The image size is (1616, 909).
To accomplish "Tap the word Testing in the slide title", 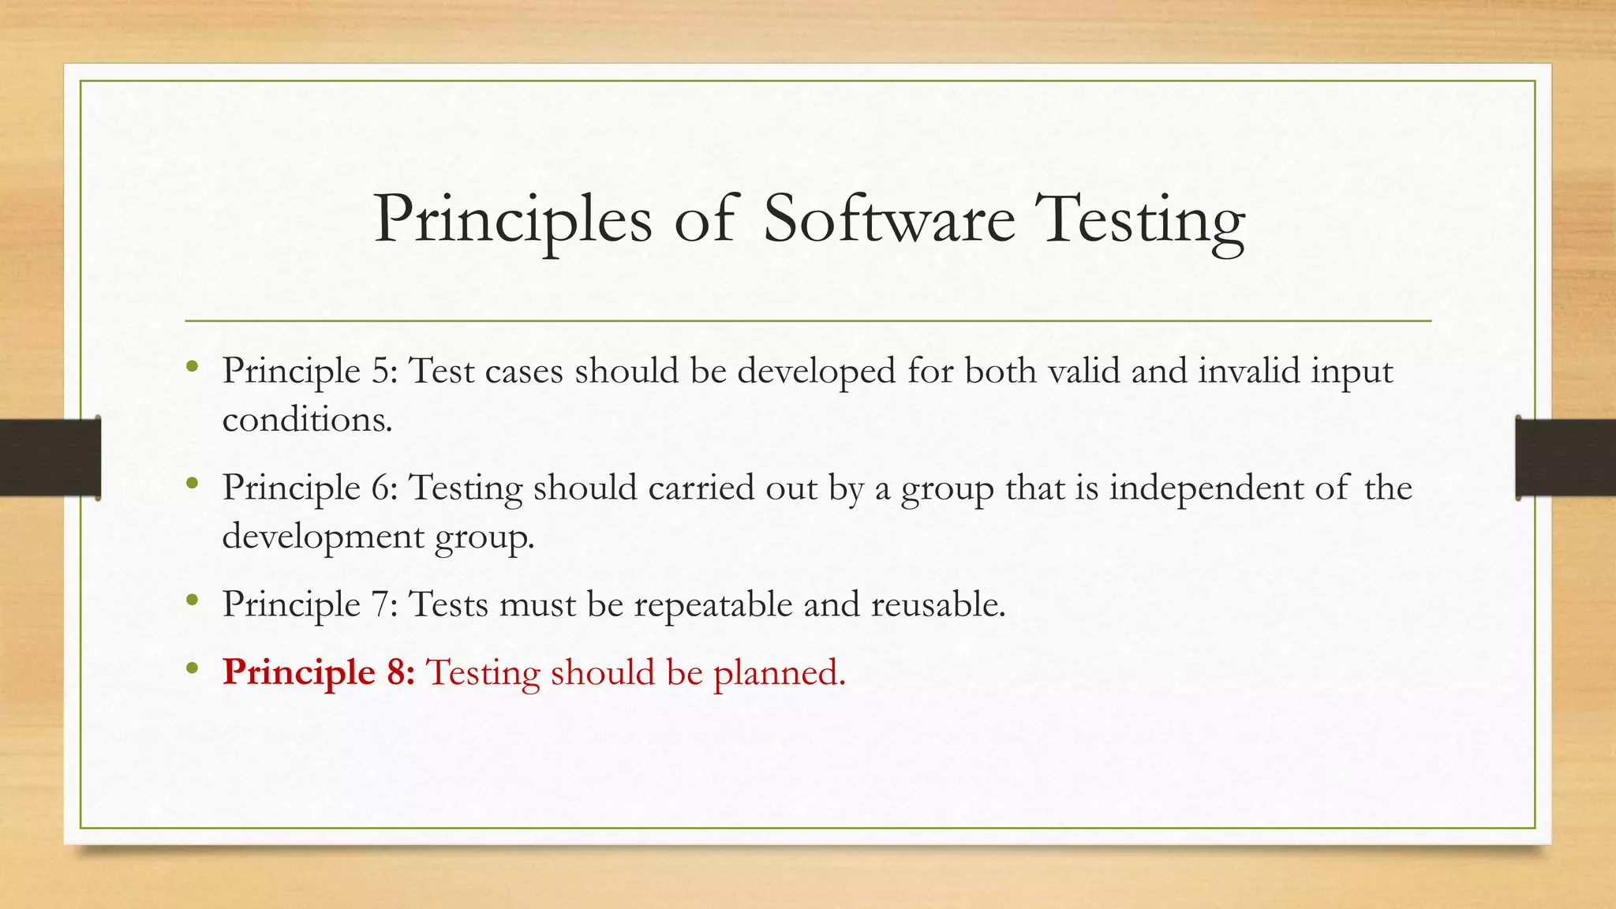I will pos(1143,221).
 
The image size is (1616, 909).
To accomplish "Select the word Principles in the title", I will pos(513,221).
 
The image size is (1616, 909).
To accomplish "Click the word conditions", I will pos(307,420).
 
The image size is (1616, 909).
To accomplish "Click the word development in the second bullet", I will pos(324,537).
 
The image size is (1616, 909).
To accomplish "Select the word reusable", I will pos(937,604).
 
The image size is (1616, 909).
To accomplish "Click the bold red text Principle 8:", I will pos(318,673).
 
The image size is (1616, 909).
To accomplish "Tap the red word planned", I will pos(779,673).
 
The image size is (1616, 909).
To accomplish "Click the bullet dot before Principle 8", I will pos(192,669).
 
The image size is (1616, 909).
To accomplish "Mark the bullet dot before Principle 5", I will pos(192,366).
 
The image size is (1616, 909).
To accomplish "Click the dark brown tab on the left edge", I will pos(50,458).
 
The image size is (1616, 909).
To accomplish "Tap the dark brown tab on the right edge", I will pos(1565,458).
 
